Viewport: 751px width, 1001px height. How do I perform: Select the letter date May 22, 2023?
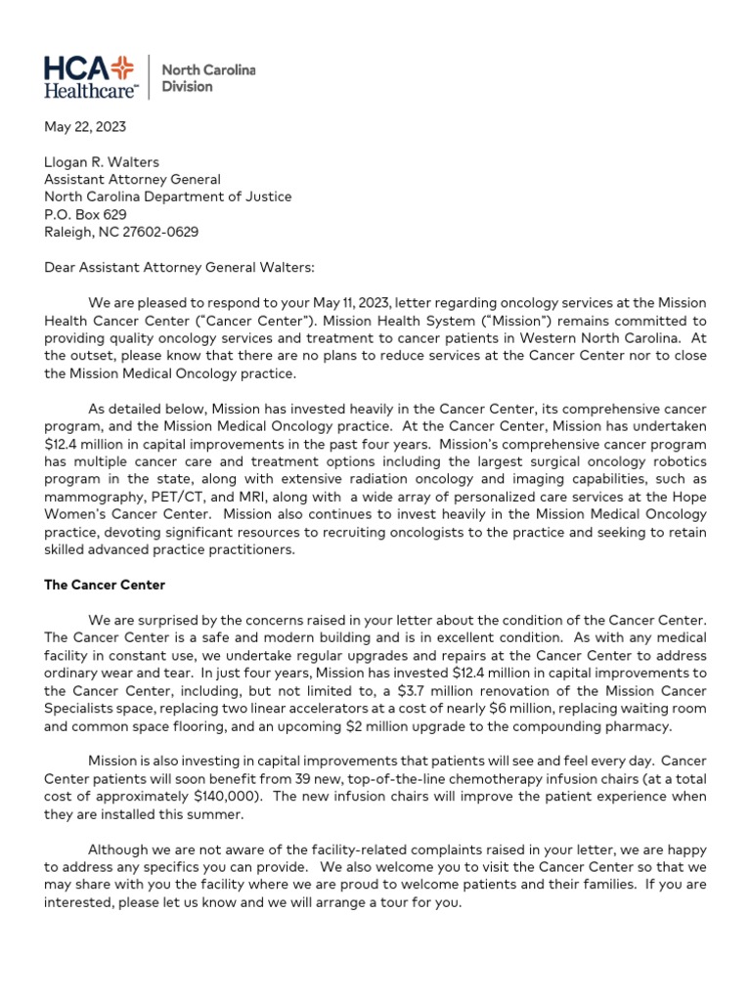[x=85, y=127]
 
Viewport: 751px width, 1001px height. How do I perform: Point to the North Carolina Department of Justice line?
[x=167, y=196]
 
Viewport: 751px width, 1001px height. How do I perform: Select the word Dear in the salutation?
[x=61, y=267]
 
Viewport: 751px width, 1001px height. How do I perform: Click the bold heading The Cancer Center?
[x=106, y=585]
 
